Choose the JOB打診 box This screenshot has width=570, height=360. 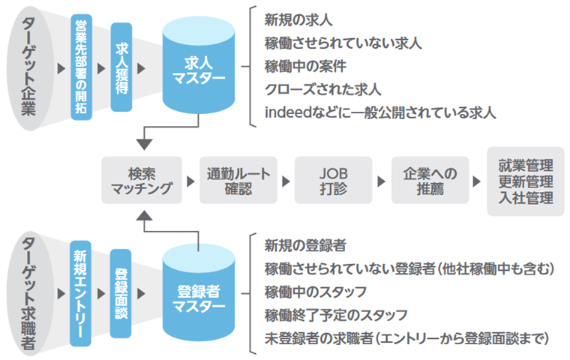click(x=332, y=180)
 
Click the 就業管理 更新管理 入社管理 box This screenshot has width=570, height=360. click(x=525, y=181)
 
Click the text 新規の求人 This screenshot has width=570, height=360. click(x=298, y=17)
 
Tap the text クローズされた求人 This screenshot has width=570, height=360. click(x=323, y=89)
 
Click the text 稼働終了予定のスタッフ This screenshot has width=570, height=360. click(x=337, y=313)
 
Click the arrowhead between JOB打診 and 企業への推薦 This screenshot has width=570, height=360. click(x=381, y=181)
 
